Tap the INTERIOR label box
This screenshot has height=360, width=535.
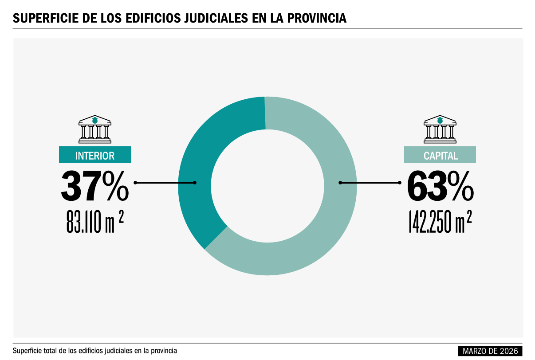[x=95, y=155]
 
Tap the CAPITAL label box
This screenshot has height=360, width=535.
[x=440, y=155]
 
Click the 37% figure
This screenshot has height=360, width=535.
[x=95, y=186]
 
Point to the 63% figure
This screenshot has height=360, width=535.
[x=440, y=186]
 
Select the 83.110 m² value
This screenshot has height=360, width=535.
[x=95, y=222]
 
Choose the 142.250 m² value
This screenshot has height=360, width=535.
[x=440, y=222]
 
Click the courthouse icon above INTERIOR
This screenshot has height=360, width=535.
[x=95, y=129]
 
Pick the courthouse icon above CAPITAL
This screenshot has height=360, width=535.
[x=440, y=129]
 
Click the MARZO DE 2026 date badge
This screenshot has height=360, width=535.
[x=490, y=351]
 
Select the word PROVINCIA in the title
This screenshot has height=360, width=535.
[x=317, y=18]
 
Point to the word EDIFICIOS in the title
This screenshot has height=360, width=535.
[x=153, y=18]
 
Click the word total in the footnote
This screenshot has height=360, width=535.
[x=51, y=351]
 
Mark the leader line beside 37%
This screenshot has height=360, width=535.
[x=165, y=183]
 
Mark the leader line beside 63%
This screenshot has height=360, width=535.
[x=370, y=183]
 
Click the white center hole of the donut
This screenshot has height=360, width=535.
[x=267, y=186]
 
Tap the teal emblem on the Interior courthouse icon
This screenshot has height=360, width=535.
[x=95, y=120]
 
